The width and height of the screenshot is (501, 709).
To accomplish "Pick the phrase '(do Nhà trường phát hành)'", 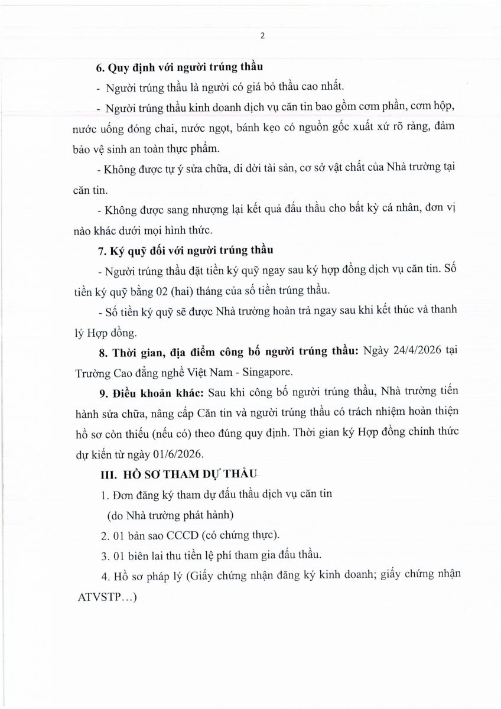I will (x=165, y=515).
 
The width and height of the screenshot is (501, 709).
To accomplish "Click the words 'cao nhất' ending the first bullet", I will (x=323, y=87).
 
